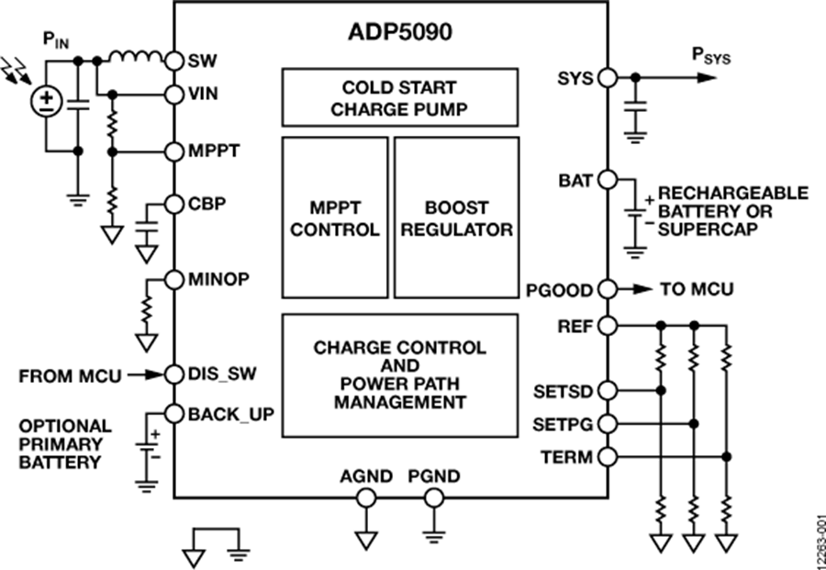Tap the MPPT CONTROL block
(x=335, y=218)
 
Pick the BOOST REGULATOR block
(x=456, y=218)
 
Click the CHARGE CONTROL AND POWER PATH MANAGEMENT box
(x=400, y=375)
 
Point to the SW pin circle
(x=174, y=60)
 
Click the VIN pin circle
(x=174, y=94)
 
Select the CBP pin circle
(x=174, y=204)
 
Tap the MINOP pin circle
(x=174, y=279)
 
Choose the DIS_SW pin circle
(x=174, y=374)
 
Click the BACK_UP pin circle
(x=174, y=414)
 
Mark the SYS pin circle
(x=607, y=78)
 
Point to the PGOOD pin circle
(x=607, y=290)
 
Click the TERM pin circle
(x=607, y=457)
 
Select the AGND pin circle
(x=365, y=498)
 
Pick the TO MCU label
(x=697, y=290)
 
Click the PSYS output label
(x=711, y=56)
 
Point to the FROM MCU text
(x=69, y=374)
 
